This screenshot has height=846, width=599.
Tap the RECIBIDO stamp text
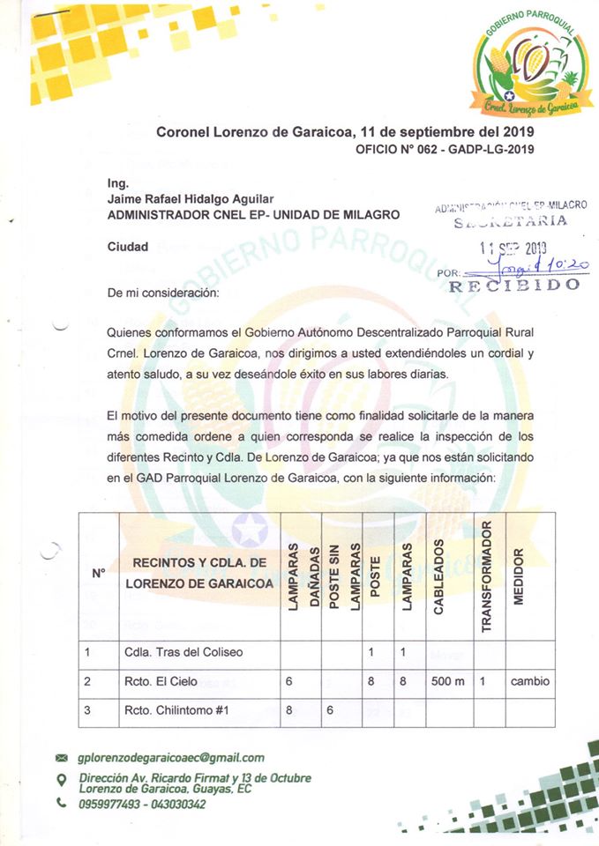(514, 285)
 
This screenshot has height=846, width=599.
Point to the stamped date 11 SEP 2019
(513, 248)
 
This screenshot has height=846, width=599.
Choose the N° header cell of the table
(99, 573)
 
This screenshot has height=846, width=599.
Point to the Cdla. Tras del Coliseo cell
(182, 653)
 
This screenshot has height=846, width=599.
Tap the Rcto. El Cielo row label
(161, 680)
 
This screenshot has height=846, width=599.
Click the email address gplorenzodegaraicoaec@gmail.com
(171, 757)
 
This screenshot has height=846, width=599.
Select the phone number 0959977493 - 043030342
(142, 804)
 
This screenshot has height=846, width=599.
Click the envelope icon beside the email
(61, 758)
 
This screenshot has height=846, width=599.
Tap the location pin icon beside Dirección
(61, 779)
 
